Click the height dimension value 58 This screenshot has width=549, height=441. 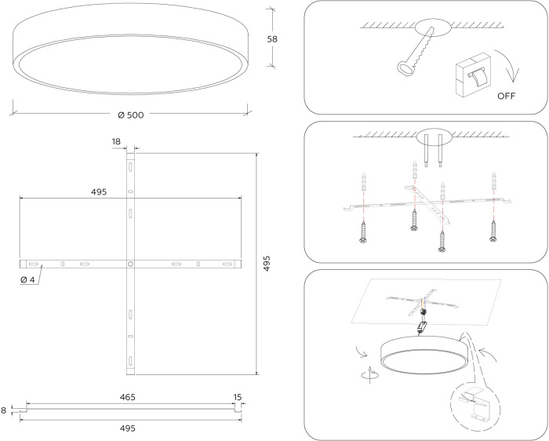point(272,38)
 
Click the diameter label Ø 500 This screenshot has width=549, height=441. point(130,115)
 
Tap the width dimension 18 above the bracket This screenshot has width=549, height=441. point(116,142)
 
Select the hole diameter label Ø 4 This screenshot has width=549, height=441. point(28,279)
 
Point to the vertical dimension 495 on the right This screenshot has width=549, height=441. point(267,262)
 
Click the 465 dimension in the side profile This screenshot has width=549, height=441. point(127,398)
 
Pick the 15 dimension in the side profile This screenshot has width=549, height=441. point(238,398)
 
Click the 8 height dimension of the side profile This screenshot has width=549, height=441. point(5,409)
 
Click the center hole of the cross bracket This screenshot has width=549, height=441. point(130,264)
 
